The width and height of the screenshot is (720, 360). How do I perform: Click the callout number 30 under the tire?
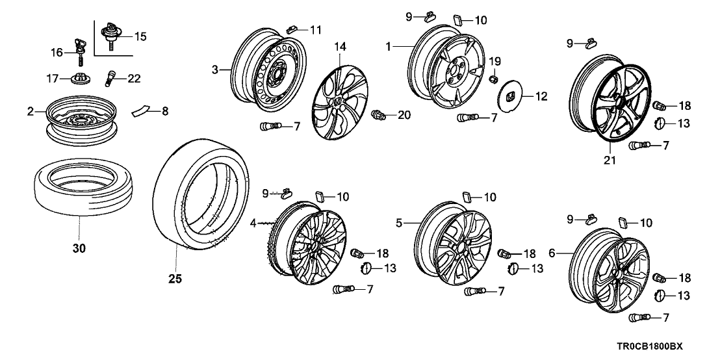(77, 248)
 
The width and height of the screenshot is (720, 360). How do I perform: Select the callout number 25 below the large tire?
(174, 279)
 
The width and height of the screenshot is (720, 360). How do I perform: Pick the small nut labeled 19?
(493, 79)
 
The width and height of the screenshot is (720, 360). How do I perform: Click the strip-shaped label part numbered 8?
(141, 112)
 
